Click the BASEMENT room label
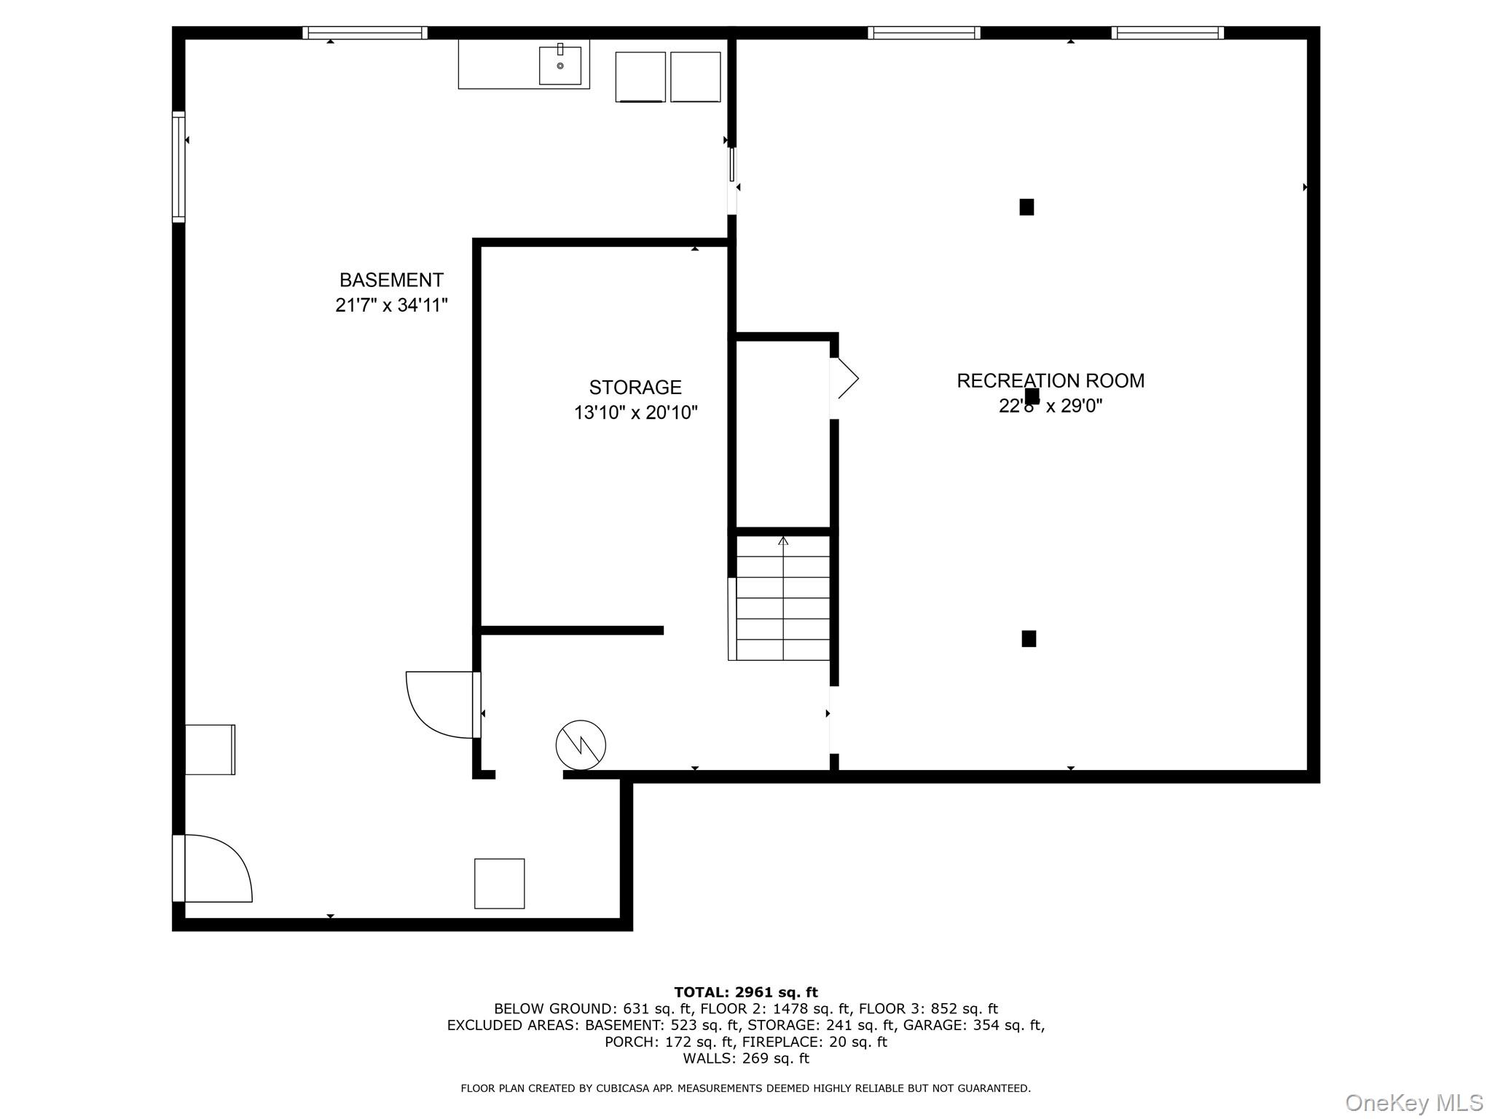pos(391,280)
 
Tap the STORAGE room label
pos(635,387)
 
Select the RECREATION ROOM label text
pos(1051,380)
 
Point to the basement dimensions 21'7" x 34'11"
pos(391,305)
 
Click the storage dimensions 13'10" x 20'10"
pos(635,413)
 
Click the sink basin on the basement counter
pos(560,66)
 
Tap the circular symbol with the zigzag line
pos(581,745)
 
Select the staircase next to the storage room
pos(780,597)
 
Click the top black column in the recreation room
pos(1026,207)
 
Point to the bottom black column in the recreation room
pos(1029,639)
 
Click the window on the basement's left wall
pos(178,166)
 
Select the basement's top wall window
pos(365,33)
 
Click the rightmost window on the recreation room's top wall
pos(1168,33)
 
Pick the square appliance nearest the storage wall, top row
pos(696,76)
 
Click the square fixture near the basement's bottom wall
pos(500,884)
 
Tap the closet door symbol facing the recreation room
pos(845,379)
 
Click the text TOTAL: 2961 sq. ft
pos(746,992)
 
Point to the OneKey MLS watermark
pos(1413,1103)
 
